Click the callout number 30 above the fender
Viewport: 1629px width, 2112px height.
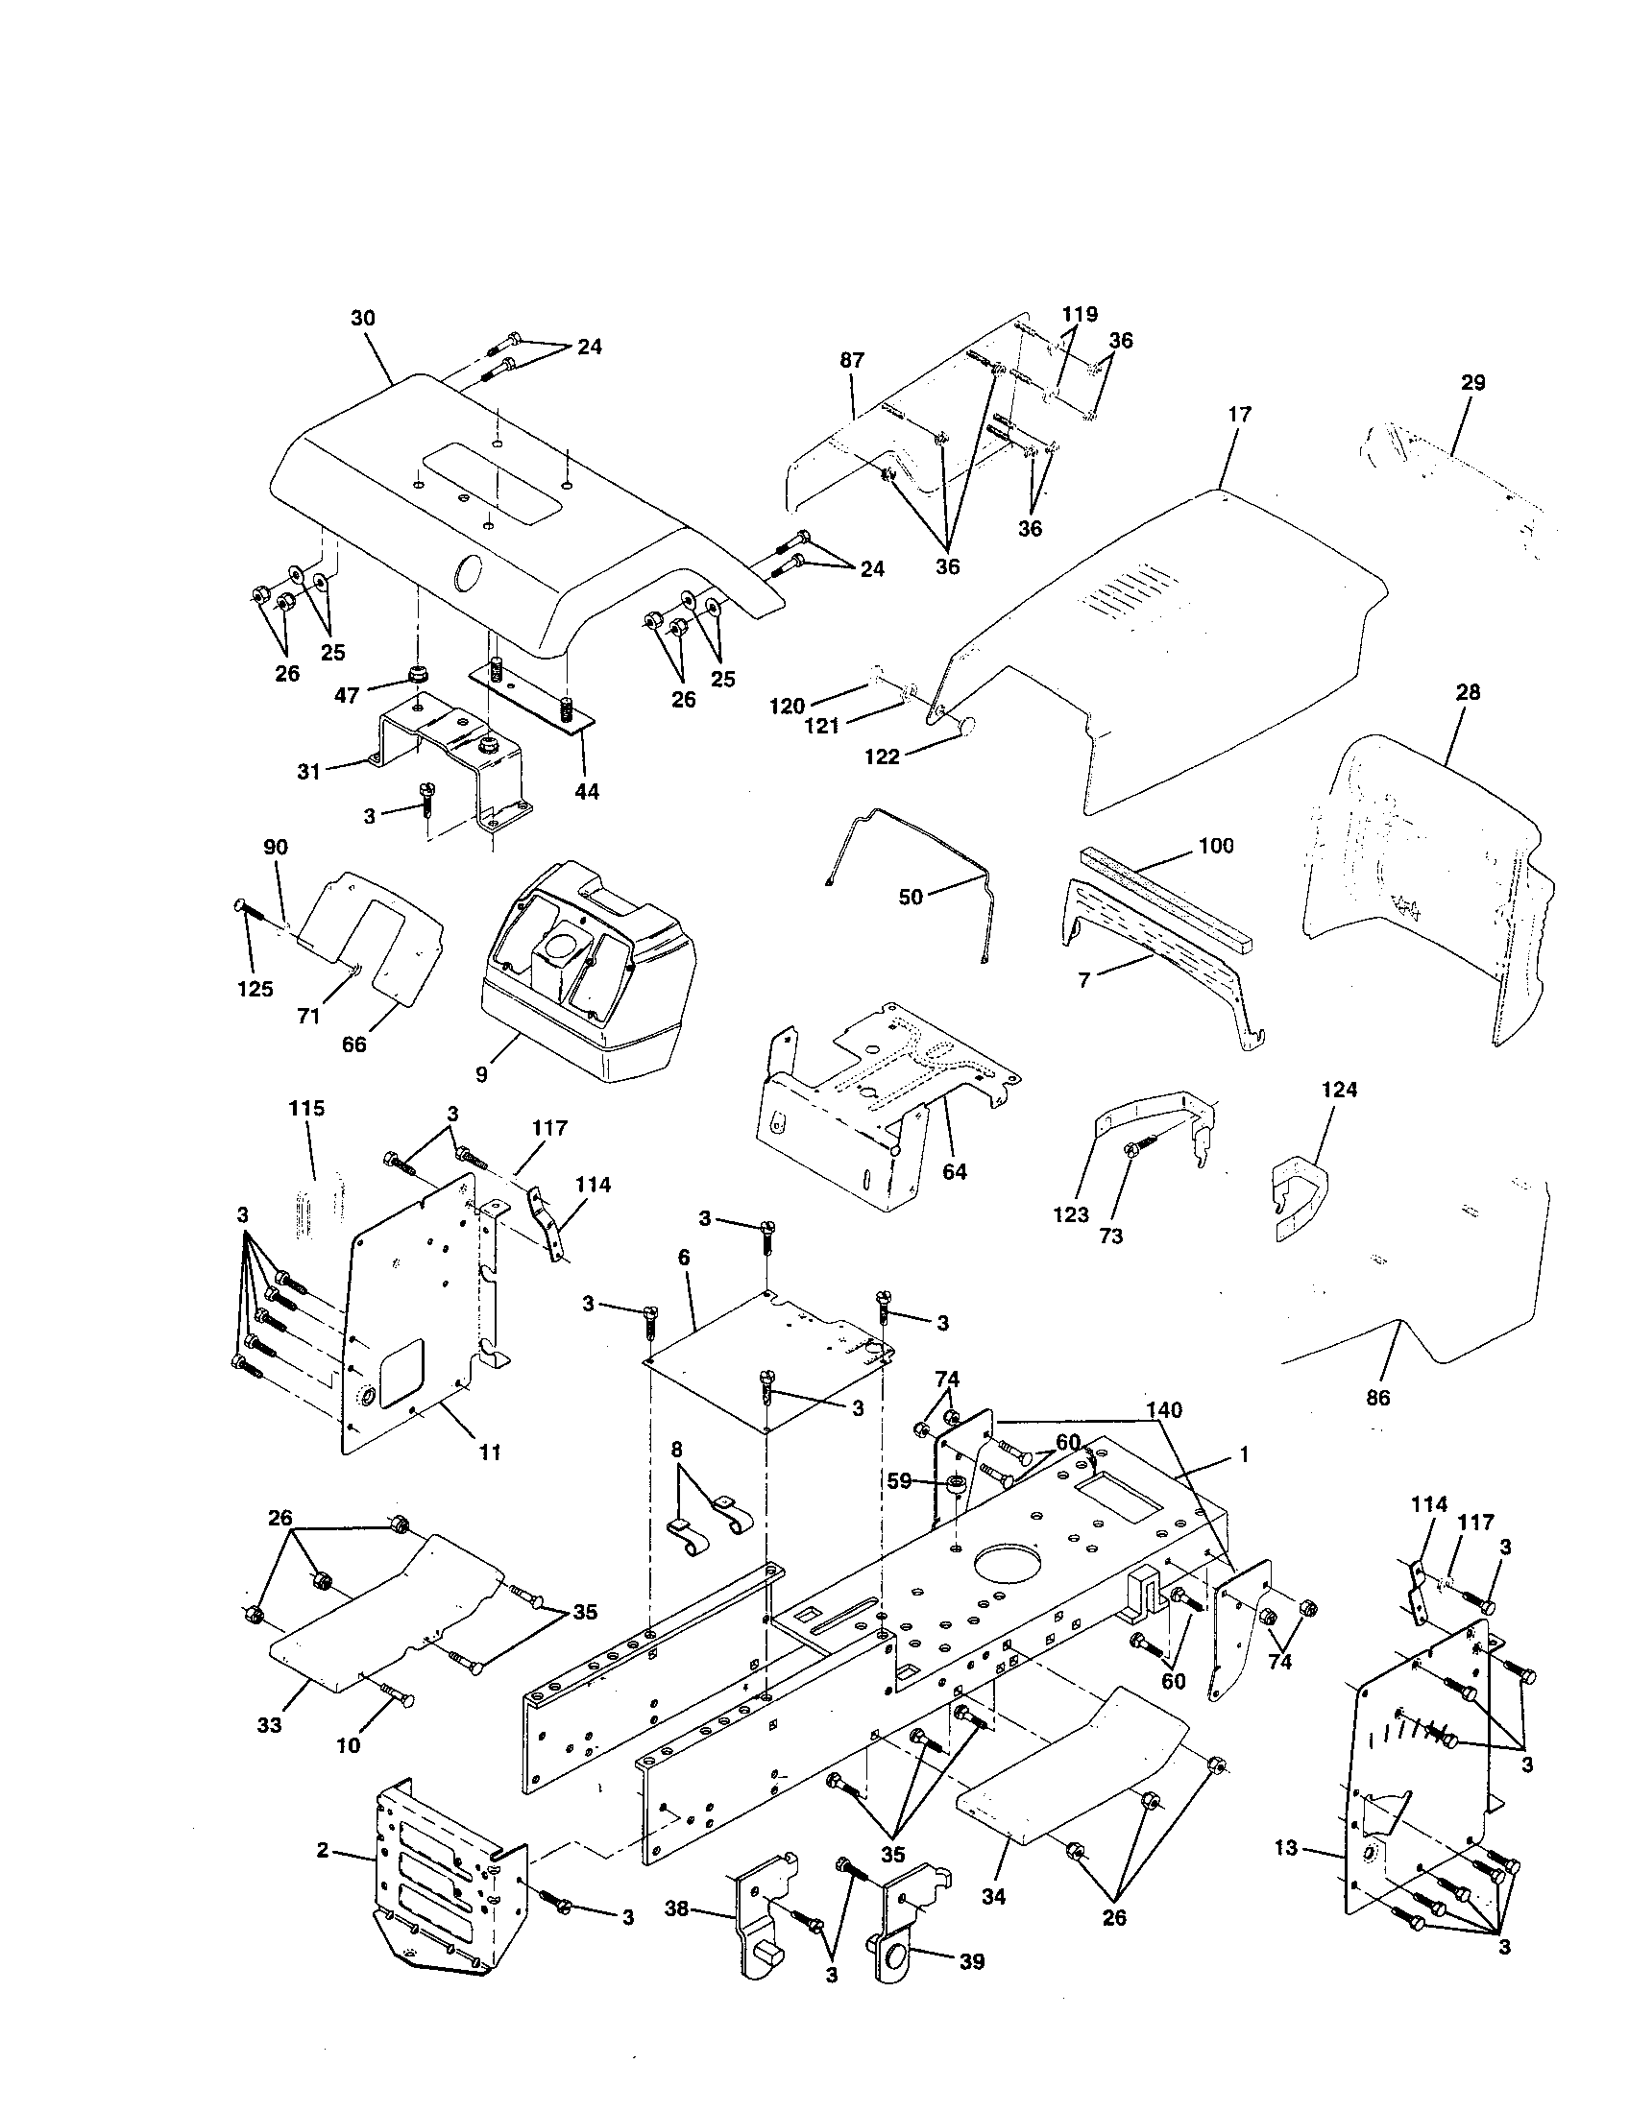(x=364, y=318)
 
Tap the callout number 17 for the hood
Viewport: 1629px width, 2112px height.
(x=1239, y=415)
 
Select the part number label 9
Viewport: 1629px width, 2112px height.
(x=481, y=1074)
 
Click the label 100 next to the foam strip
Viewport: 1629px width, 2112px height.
(x=1215, y=845)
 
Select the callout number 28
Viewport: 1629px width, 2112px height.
(x=1467, y=694)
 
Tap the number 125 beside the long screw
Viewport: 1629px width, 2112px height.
(x=255, y=989)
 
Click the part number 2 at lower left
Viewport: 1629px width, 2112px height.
(x=322, y=1850)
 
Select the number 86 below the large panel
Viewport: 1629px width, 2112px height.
(x=1377, y=1398)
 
